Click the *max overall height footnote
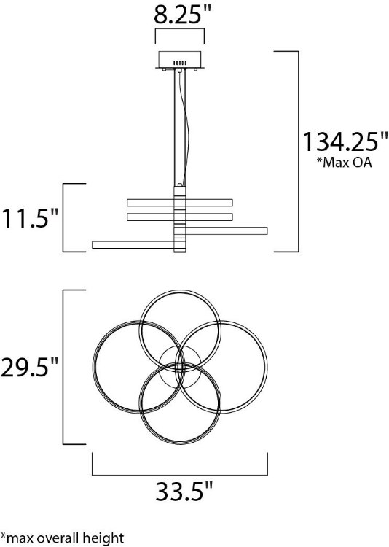point(61,538)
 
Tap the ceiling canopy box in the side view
point(180,61)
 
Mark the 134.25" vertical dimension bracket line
point(298,151)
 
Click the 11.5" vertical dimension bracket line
point(65,217)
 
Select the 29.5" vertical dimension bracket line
point(65,367)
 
